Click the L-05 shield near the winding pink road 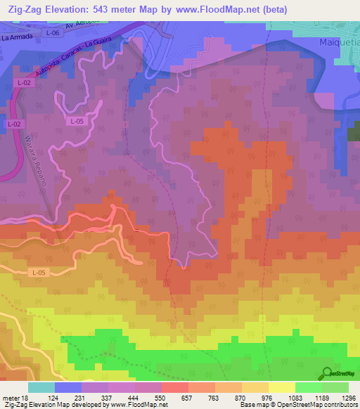tap(77, 121)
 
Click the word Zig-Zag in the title tap(24, 8)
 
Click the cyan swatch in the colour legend tap(41, 387)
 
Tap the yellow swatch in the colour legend tap(281, 387)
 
